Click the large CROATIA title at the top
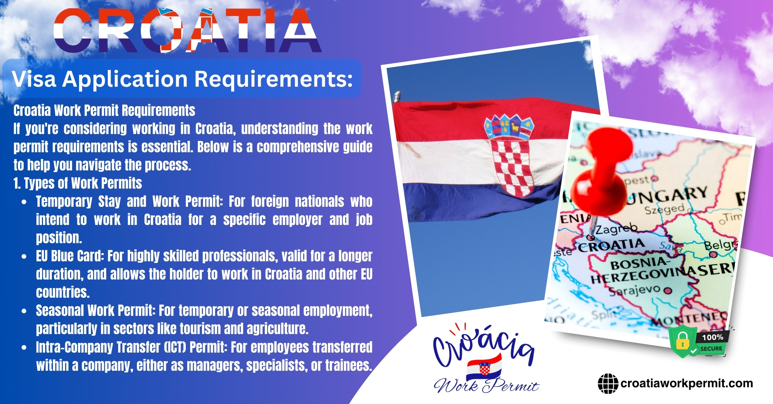(x=188, y=30)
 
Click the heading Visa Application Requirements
(x=182, y=79)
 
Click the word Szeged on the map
(x=664, y=209)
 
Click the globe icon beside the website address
(x=608, y=383)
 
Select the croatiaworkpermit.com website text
(x=686, y=383)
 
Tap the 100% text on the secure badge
(x=713, y=337)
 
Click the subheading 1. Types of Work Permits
(x=78, y=183)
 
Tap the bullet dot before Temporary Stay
(x=24, y=202)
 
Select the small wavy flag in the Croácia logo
(x=484, y=368)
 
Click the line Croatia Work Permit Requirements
(x=104, y=111)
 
